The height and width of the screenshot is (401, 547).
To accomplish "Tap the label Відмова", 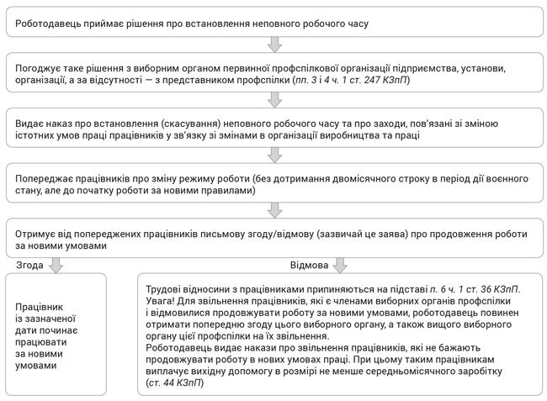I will coord(309,265).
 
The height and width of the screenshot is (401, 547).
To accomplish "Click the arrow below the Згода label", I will coord(56,265).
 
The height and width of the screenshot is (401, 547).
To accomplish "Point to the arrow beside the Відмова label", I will coord(340,265).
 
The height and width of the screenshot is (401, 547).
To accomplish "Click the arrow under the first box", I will coord(273,44).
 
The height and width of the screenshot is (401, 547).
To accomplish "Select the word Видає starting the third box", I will coord(29,123).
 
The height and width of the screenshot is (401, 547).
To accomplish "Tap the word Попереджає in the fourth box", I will coord(45,179).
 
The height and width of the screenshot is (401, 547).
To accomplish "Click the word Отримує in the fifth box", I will coord(36,233).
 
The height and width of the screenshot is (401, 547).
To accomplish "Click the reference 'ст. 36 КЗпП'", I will coord(488,289).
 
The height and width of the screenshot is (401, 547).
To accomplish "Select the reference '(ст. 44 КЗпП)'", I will coord(174,383).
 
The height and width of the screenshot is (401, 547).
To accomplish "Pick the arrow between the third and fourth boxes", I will coord(273,155).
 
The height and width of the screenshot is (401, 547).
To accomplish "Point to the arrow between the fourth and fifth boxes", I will coord(273,210).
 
